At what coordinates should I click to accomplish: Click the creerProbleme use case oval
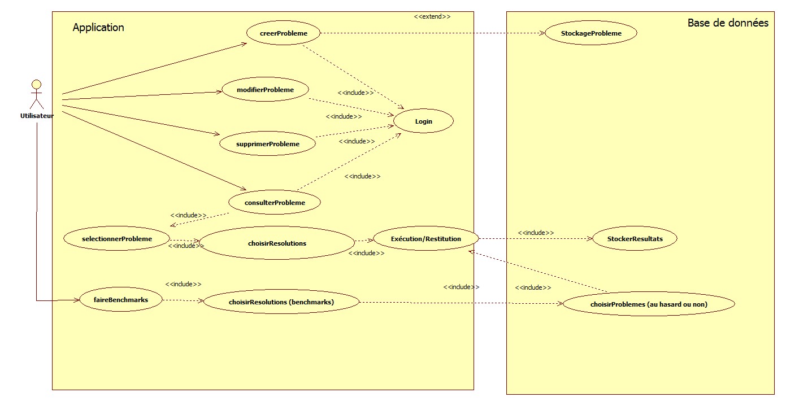pos(284,33)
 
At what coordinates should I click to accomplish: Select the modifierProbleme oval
pos(265,90)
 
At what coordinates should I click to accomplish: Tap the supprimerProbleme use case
pos(267,144)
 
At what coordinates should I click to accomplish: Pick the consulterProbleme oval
pos(275,203)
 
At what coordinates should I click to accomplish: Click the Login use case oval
pos(423,121)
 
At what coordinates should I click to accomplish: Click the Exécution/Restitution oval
pos(426,239)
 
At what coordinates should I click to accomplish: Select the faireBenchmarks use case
pos(121,300)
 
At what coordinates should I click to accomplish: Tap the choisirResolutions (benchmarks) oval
pos(281,302)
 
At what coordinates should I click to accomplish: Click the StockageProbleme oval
pos(591,33)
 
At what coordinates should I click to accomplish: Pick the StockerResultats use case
pos(635,239)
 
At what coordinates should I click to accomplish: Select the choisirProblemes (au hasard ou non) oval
pos(649,304)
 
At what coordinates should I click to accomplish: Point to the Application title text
pos(98,28)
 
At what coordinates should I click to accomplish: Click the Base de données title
pos(728,23)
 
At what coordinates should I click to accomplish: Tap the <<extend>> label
pos(432,16)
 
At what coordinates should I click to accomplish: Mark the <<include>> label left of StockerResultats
pos(536,233)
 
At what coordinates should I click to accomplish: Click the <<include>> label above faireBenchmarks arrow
pos(183,284)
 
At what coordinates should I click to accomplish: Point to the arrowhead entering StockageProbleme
pos(541,33)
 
